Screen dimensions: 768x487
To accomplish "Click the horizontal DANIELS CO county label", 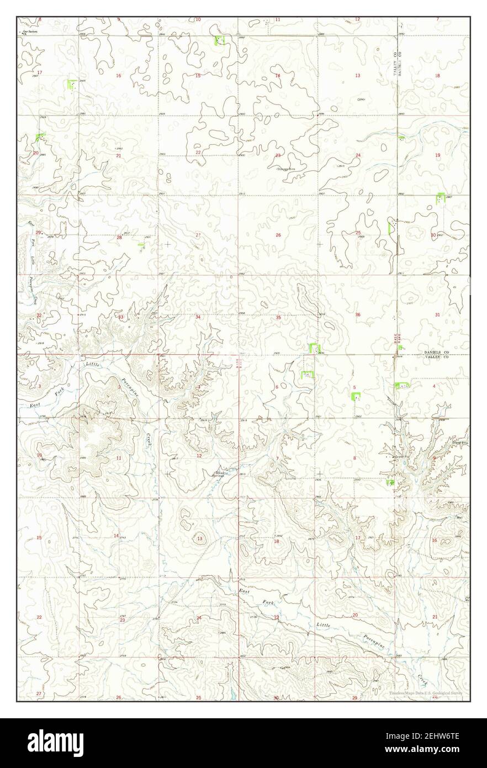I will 438,351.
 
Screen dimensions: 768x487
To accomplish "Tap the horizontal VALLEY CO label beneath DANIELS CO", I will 437,357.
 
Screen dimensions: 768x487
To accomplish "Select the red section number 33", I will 121,317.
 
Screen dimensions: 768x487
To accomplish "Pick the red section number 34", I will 198,317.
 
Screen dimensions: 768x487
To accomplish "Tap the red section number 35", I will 278,318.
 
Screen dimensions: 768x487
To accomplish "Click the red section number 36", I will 358,315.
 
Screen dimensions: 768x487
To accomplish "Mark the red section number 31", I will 437,315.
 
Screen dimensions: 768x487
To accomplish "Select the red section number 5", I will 354,387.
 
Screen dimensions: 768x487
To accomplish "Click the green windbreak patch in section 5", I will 356,396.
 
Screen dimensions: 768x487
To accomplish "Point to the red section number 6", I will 277,387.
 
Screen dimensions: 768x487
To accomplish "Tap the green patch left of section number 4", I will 402,386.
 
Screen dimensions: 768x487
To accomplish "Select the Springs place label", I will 222,475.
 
